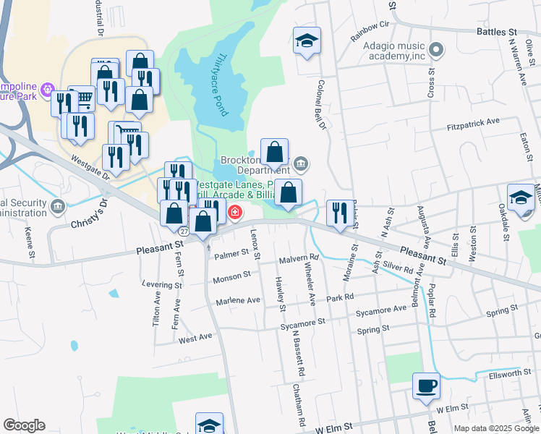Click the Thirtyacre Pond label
(x=221, y=85)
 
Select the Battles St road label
(x=497, y=33)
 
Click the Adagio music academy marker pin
(x=435, y=50)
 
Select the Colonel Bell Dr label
(x=323, y=105)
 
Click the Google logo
(x=24, y=425)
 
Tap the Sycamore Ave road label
(x=380, y=311)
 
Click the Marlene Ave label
(x=243, y=299)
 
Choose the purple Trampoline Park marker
(x=48, y=90)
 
